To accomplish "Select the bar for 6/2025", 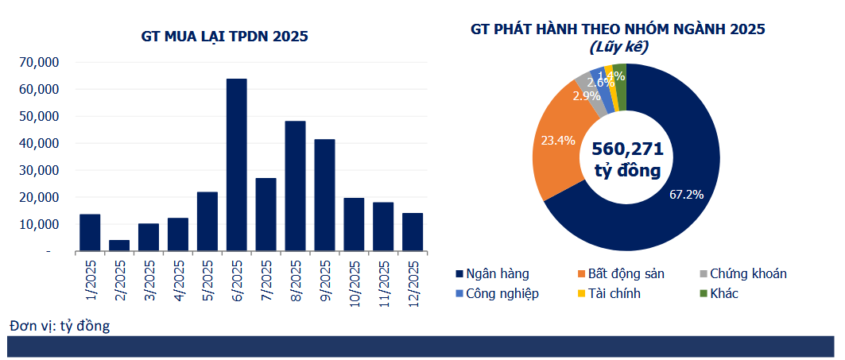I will click(237, 165).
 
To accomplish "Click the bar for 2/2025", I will click(119, 246).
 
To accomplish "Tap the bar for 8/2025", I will click(295, 186).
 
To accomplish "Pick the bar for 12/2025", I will click(413, 232).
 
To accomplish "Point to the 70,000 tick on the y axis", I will click(39, 63).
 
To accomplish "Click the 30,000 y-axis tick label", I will click(39, 171).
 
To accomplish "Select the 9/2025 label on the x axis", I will click(325, 280).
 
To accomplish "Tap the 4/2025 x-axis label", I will click(179, 280).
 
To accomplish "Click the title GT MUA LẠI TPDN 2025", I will click(225, 36).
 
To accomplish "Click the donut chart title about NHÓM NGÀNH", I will click(617, 29).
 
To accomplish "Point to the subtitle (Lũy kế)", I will click(618, 48).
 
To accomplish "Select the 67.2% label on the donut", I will click(686, 195).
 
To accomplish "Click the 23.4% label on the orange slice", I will click(558, 141).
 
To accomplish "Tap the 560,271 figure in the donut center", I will click(627, 149).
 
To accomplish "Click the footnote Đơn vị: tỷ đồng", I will click(60, 325).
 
